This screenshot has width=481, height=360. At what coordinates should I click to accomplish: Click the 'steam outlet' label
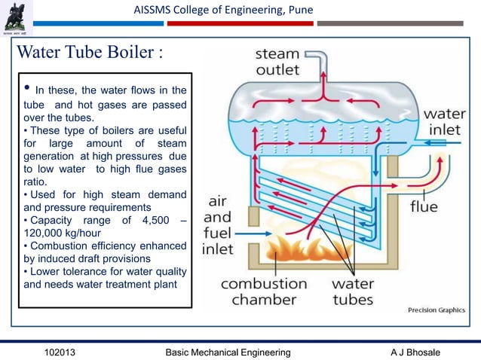click(x=277, y=62)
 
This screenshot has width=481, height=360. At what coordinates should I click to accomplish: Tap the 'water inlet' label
click(x=444, y=122)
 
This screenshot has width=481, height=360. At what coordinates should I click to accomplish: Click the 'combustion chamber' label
click(x=264, y=291)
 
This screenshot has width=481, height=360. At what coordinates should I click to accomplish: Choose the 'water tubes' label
click(x=353, y=291)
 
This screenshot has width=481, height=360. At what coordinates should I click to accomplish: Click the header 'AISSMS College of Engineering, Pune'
click(x=223, y=10)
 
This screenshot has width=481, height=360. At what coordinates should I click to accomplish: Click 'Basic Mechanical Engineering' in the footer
click(x=228, y=352)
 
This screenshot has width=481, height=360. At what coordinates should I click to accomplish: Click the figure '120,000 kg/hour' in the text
click(x=65, y=232)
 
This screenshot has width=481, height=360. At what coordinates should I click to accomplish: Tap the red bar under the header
click(x=238, y=23)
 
